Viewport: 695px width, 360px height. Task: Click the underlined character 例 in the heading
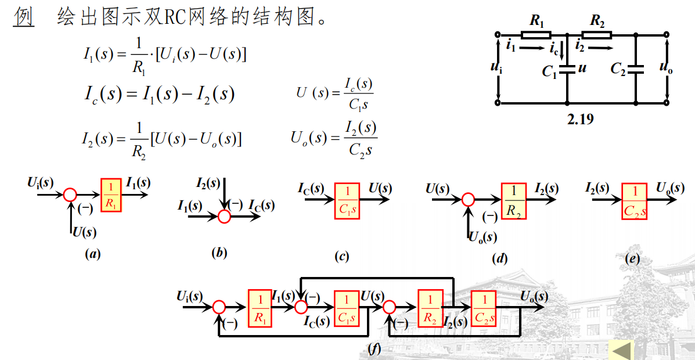click(x=24, y=17)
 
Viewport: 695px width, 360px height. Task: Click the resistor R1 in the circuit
click(x=536, y=35)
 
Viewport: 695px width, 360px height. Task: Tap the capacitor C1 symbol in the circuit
click(x=567, y=69)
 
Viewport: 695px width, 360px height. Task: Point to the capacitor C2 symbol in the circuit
click(x=636, y=69)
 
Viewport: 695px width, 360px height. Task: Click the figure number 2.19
click(x=581, y=120)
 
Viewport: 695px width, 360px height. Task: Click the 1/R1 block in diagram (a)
click(x=111, y=195)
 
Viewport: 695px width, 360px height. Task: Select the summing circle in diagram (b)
click(x=224, y=216)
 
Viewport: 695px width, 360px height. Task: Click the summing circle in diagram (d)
click(x=468, y=200)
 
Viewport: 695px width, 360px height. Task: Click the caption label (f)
click(x=374, y=348)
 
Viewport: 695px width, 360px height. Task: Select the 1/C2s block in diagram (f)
click(x=483, y=308)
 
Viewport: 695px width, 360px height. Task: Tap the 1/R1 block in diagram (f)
click(x=260, y=307)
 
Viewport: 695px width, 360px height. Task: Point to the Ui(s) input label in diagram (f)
click(x=190, y=296)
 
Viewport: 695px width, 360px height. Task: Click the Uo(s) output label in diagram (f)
click(x=534, y=296)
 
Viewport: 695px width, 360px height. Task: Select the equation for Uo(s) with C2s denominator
click(x=334, y=139)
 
